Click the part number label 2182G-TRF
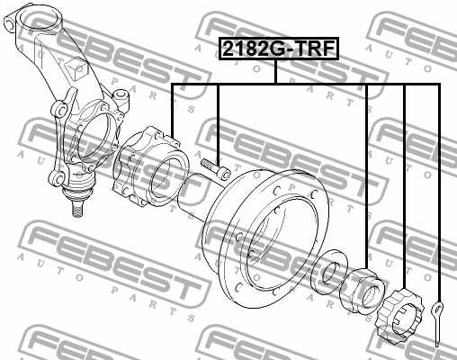277,49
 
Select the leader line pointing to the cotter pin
438,180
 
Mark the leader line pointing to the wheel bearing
172,108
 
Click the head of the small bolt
222,171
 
